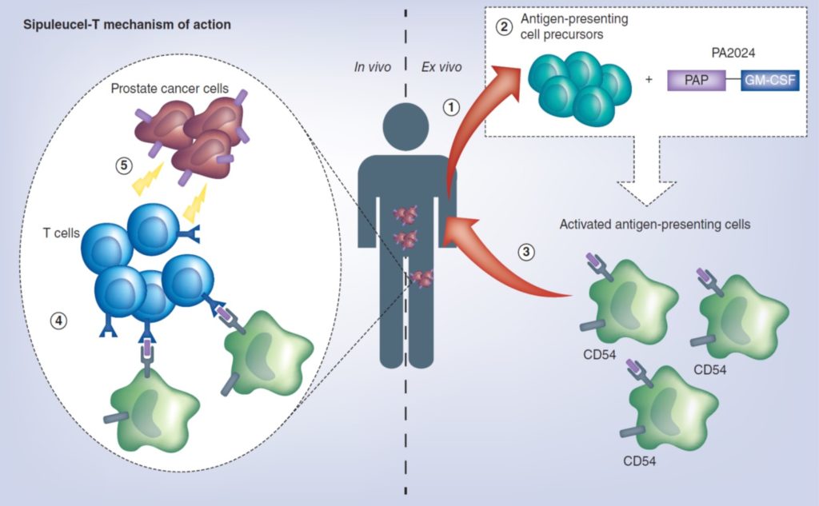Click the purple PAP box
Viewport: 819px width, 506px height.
(697, 81)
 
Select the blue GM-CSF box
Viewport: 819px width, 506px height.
(770, 81)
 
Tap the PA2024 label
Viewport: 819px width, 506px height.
(733, 53)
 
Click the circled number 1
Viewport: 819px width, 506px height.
(451, 108)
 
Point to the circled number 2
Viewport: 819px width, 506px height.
(504, 26)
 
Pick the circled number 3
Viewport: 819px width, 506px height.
(526, 253)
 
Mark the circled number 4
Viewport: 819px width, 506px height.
(58, 321)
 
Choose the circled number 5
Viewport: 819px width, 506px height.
(124, 166)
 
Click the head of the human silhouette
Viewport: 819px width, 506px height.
(406, 127)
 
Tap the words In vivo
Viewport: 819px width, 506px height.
(373, 67)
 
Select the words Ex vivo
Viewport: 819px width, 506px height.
(441, 67)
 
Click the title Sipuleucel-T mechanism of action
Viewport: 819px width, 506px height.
(127, 25)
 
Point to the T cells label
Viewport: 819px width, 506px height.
(61, 233)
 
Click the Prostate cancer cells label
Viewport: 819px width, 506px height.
(170, 88)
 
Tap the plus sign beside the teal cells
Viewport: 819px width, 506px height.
(649, 80)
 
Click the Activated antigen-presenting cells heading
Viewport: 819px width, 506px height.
(655, 225)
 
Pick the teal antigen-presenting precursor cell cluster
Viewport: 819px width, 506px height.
(579, 89)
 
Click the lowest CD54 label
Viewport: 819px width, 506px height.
(639, 461)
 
